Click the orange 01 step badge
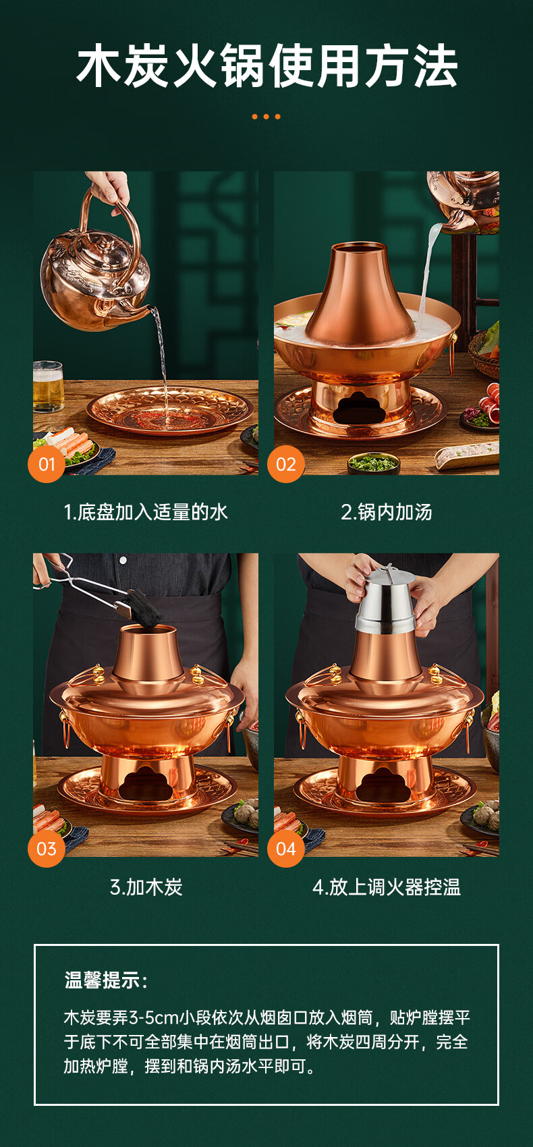46,464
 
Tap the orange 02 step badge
285,464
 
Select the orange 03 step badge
46,849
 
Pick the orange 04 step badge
285,849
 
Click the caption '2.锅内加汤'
387,511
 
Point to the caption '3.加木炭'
146,887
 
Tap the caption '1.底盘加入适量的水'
146,511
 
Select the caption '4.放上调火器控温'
387,887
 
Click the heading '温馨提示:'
106,980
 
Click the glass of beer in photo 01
48,387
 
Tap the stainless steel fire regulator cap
386,599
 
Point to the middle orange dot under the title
266,117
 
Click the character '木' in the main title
99,67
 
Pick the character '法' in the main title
436,67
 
